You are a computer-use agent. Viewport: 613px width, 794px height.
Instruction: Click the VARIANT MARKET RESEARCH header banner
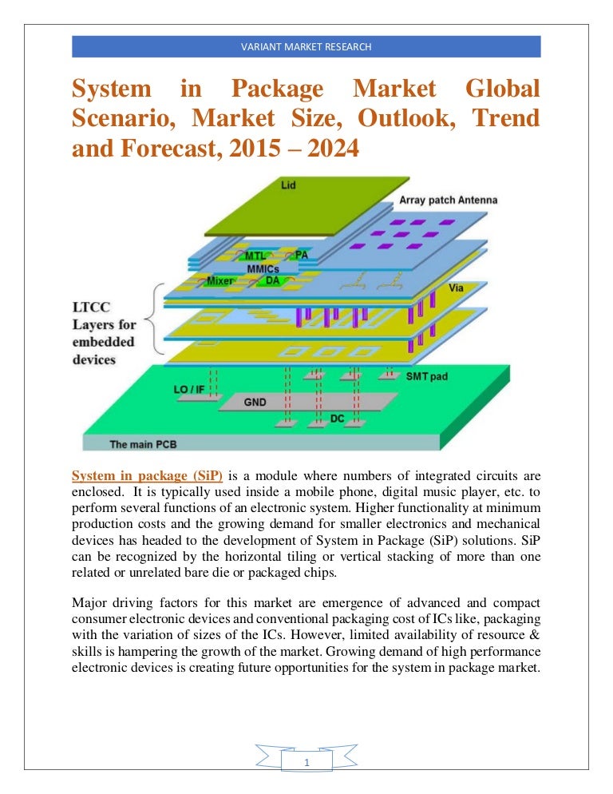(x=306, y=46)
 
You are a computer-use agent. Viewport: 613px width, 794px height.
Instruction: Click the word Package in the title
(x=278, y=89)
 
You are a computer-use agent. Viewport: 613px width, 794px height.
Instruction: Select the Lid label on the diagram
(x=288, y=185)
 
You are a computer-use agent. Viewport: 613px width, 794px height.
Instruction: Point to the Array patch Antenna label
(x=448, y=200)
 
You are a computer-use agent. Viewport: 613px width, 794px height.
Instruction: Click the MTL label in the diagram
(x=255, y=256)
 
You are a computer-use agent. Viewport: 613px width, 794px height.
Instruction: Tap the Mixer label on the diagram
(x=220, y=280)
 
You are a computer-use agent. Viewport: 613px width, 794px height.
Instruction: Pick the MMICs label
(x=263, y=268)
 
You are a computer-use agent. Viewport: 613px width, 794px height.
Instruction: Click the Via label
(x=456, y=288)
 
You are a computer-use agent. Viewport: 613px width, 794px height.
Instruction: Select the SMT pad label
(x=427, y=376)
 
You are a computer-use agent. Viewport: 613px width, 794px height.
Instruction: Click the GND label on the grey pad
(x=255, y=402)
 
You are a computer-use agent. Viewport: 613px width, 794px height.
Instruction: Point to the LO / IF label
(x=189, y=389)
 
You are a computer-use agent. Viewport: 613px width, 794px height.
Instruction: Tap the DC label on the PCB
(x=337, y=419)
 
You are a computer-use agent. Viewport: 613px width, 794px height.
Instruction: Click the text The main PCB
(x=143, y=445)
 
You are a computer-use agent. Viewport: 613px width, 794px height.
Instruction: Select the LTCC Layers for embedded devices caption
(x=105, y=333)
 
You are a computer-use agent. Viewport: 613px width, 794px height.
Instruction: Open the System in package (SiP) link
(x=148, y=476)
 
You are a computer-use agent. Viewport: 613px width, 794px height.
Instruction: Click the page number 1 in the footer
(x=306, y=762)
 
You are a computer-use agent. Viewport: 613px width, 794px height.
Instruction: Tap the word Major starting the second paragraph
(x=89, y=603)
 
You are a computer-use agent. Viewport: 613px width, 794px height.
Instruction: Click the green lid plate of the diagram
(x=306, y=206)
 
